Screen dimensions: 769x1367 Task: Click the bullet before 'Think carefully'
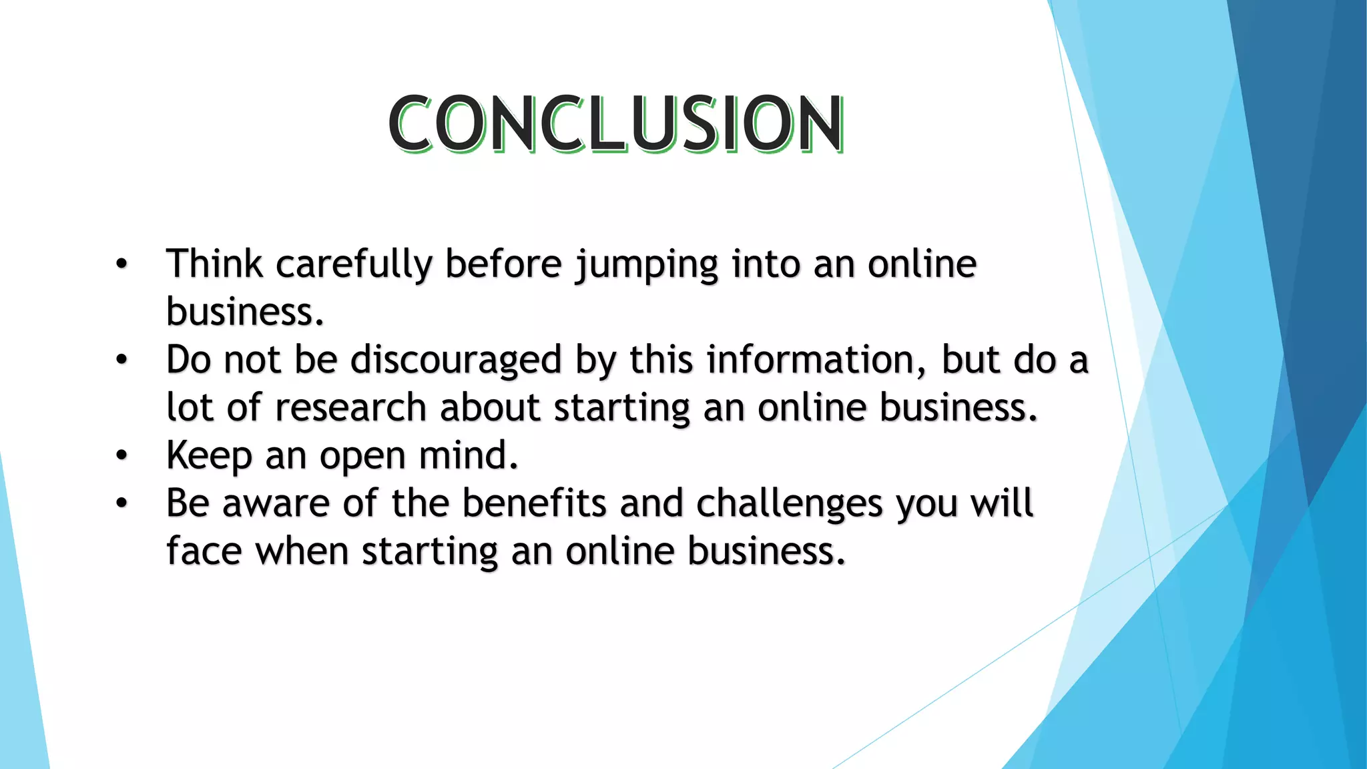pos(121,264)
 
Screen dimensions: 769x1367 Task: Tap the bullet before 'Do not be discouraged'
pos(121,360)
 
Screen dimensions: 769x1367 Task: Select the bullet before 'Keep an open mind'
pos(121,456)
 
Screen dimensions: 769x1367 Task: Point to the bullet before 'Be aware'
pos(121,504)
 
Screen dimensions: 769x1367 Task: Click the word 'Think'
pos(214,264)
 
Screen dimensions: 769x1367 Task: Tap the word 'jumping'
pos(647,265)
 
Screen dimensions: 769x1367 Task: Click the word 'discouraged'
pos(456,360)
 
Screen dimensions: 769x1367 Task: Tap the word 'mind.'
pos(468,455)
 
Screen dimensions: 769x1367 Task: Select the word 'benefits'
pos(534,503)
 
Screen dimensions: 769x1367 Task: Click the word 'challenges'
pos(789,505)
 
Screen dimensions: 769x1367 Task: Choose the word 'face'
pos(204,552)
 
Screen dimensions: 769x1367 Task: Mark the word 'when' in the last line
pos(302,552)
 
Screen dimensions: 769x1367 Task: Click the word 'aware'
pos(276,504)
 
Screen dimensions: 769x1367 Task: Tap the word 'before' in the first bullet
pos(503,264)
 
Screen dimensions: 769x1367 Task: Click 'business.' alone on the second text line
pos(245,312)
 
